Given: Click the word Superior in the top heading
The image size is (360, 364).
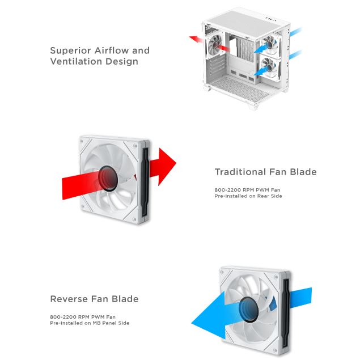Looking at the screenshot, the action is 70,50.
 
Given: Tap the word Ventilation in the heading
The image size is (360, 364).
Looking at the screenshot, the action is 76,61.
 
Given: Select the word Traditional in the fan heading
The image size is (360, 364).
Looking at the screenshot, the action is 240,172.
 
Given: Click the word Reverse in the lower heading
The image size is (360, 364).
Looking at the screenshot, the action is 69,299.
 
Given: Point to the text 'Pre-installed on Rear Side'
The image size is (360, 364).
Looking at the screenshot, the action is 248,196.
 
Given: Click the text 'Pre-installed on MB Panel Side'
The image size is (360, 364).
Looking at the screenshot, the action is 90,323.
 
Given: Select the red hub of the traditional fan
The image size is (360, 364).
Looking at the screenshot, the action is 108,178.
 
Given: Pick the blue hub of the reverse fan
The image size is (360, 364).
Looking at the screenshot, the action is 248,309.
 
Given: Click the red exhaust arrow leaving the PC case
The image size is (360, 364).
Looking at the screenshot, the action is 196,39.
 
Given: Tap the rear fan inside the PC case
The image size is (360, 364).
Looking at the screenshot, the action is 215,46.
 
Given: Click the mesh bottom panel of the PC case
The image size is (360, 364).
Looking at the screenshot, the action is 239,88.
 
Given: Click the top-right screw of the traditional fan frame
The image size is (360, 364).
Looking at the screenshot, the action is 135,146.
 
